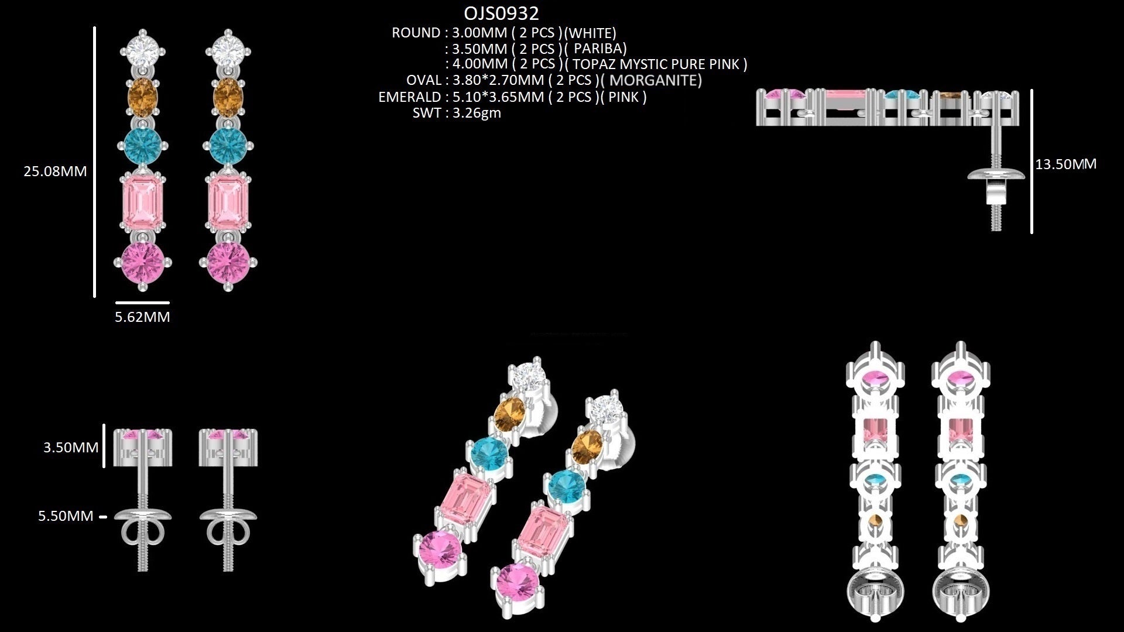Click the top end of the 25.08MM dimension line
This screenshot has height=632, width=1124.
(x=94, y=27)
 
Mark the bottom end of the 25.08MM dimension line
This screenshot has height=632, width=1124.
(x=94, y=297)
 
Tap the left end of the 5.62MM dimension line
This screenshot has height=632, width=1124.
(x=116, y=303)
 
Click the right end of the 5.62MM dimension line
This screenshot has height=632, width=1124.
(x=169, y=303)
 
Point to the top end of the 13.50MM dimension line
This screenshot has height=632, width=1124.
(x=1032, y=90)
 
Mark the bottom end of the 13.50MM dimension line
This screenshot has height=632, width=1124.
(x=1032, y=233)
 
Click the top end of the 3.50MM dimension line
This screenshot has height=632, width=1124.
(x=104, y=425)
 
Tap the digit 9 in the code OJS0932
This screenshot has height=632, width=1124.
(x=516, y=13)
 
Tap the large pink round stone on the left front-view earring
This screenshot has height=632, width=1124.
(x=143, y=263)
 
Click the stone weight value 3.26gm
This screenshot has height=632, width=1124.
(x=477, y=112)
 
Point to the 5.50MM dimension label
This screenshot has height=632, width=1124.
(x=66, y=516)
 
